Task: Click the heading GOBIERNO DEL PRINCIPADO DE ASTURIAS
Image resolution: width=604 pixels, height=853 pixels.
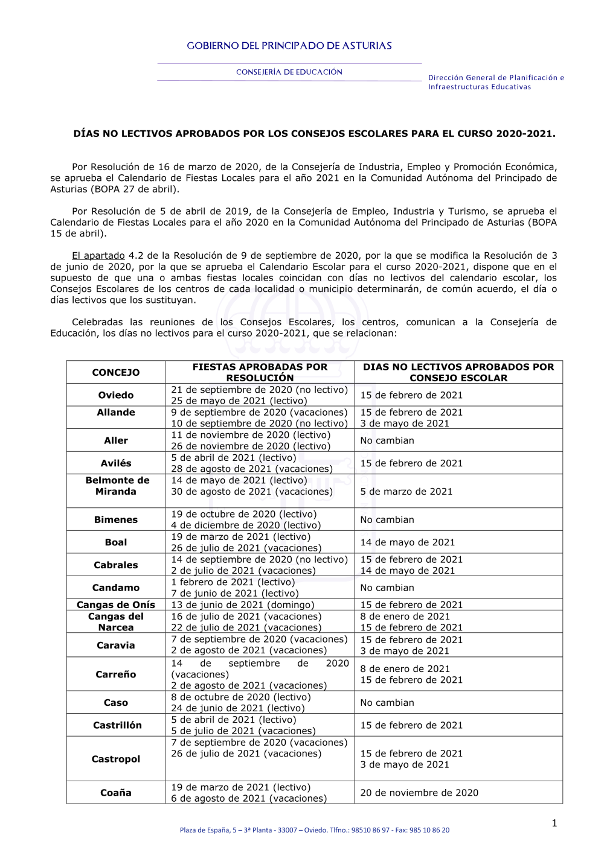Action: pos(289,46)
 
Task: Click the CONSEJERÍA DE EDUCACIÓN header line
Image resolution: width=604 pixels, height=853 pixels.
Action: pos(289,72)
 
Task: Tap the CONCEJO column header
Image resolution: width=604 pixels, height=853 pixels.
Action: pos(115,373)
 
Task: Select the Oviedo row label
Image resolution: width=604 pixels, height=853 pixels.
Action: pos(115,395)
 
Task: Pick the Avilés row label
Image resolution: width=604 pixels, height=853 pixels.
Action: pos(115,463)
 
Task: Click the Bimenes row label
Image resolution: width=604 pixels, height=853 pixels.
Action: pos(115,519)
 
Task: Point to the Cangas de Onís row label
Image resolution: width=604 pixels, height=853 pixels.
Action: pos(115,604)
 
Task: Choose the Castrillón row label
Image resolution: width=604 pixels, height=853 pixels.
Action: pos(117,725)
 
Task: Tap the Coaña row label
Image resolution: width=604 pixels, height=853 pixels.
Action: pos(115,793)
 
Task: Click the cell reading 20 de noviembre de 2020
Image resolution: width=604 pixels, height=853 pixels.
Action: pos(419,793)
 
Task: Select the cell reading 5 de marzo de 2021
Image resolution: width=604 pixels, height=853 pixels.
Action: pos(406,492)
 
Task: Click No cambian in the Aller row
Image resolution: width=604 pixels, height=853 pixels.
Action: pos(387,440)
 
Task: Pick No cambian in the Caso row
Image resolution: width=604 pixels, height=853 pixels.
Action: pos(387,703)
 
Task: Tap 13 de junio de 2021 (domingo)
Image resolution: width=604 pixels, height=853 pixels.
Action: pos(242,604)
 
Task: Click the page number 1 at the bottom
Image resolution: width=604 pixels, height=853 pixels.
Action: pos(554,823)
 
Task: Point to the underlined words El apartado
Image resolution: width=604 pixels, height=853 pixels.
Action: pos(98,256)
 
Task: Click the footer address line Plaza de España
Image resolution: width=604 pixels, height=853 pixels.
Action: pos(314,830)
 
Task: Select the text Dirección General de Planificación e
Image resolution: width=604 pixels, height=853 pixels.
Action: pos(496,78)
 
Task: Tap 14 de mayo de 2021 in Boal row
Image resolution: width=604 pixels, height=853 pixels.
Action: pos(407,542)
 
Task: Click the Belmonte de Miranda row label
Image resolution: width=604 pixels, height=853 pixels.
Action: pos(117,486)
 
